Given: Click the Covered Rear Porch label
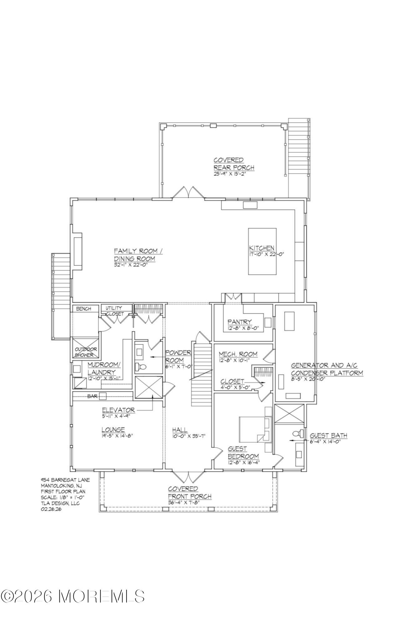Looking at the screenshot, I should [x=233, y=164].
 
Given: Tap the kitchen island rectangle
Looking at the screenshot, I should [x=262, y=251].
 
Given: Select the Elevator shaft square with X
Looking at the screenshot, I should [x=149, y=387].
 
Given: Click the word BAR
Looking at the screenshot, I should [x=93, y=396].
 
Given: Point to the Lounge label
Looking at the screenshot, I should [x=113, y=430].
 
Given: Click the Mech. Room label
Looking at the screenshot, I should [x=238, y=354].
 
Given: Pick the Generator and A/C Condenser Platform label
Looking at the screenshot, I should [x=327, y=369].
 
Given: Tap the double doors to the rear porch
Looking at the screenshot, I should [x=188, y=192].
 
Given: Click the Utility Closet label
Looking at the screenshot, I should [x=114, y=311].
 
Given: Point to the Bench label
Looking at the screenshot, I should [x=83, y=309].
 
